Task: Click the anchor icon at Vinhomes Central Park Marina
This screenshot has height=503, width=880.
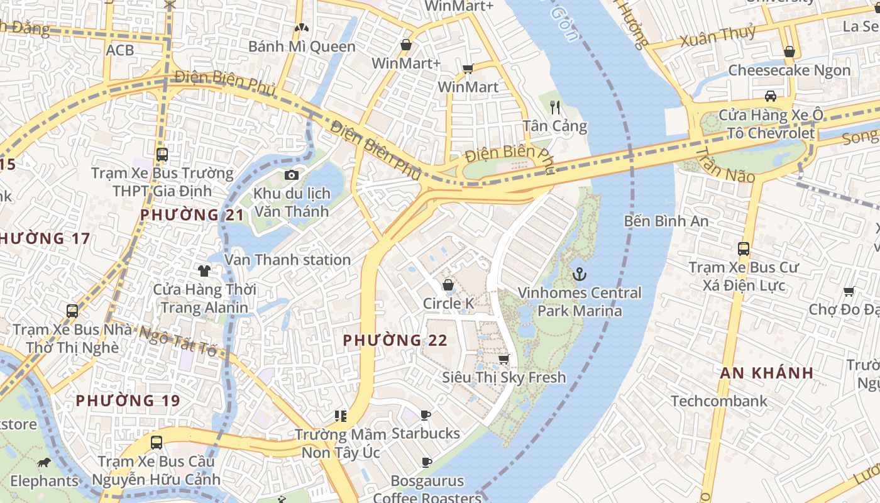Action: pos(579,274)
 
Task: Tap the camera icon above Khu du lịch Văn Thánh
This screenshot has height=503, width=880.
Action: pos(291,175)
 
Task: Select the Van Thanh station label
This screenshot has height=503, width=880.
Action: pos(288,260)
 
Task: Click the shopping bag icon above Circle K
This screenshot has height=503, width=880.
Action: pos(448,285)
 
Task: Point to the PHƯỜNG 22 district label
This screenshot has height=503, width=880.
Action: pos(395,340)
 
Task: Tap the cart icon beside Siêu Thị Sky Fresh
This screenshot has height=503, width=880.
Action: pos(503,359)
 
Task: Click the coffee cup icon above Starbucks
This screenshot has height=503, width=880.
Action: pos(426,415)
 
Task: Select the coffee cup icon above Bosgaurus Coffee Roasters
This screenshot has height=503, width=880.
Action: pos(426,463)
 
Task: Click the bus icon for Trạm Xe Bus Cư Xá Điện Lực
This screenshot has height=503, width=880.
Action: pos(744,248)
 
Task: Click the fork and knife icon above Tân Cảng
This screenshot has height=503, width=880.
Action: pos(554,107)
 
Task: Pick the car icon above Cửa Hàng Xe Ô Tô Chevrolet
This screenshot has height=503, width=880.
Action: pos(771,96)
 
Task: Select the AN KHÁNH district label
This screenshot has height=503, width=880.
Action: pos(767,373)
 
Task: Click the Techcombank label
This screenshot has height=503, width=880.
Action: pos(718,401)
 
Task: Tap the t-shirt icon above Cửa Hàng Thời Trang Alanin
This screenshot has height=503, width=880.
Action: pos(204,271)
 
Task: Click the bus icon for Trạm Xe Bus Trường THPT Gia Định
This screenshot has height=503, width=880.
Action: pos(162,154)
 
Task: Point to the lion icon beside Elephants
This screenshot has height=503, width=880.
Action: pos(44,463)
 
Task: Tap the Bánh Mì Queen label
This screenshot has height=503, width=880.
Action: pos(302,47)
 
